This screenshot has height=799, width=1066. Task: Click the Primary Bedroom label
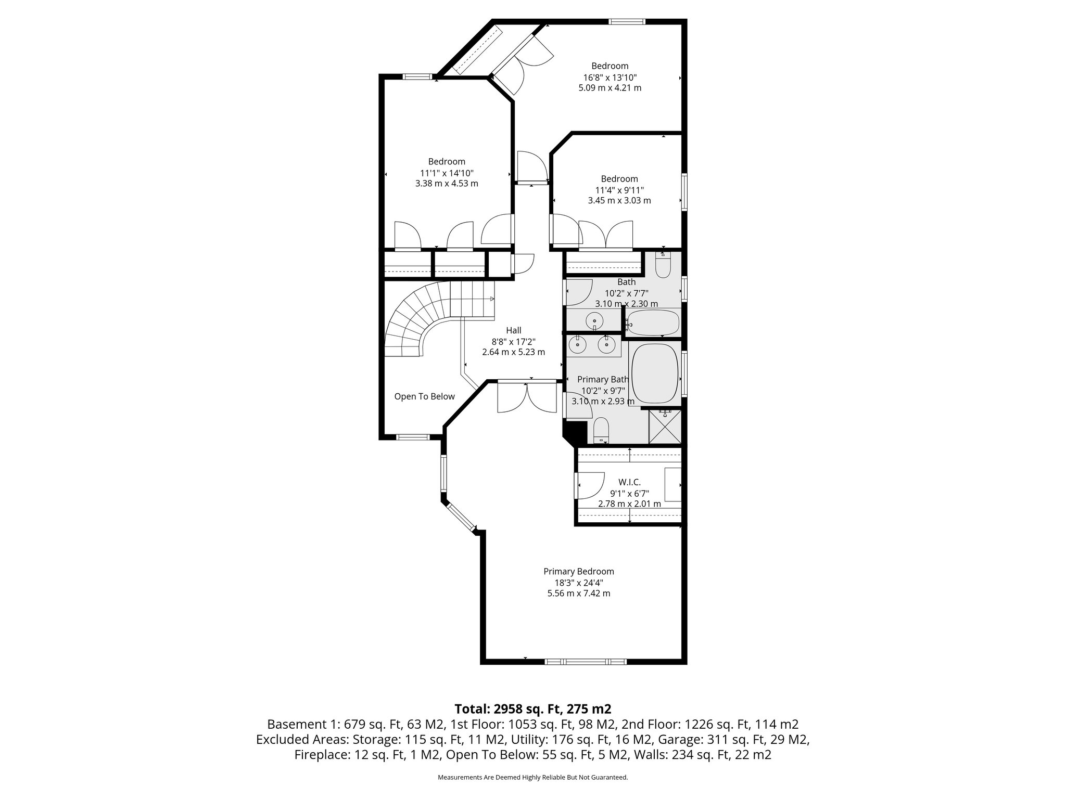(x=578, y=571)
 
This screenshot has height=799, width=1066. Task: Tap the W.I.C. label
(x=629, y=482)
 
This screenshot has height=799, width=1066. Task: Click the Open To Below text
(x=424, y=396)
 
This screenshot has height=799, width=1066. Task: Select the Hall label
(x=513, y=330)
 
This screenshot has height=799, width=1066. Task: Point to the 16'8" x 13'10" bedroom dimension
(x=610, y=78)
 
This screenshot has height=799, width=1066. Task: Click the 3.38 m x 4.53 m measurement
(x=447, y=184)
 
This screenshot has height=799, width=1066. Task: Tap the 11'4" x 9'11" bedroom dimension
(x=619, y=190)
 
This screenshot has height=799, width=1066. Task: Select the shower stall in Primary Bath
(x=665, y=427)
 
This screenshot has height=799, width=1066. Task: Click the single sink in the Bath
(x=594, y=320)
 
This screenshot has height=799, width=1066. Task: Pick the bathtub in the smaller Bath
(x=653, y=323)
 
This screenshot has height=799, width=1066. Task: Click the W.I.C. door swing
(x=589, y=485)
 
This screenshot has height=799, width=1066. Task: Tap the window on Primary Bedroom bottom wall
(x=585, y=662)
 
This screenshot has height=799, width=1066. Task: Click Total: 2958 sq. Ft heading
(x=532, y=708)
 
